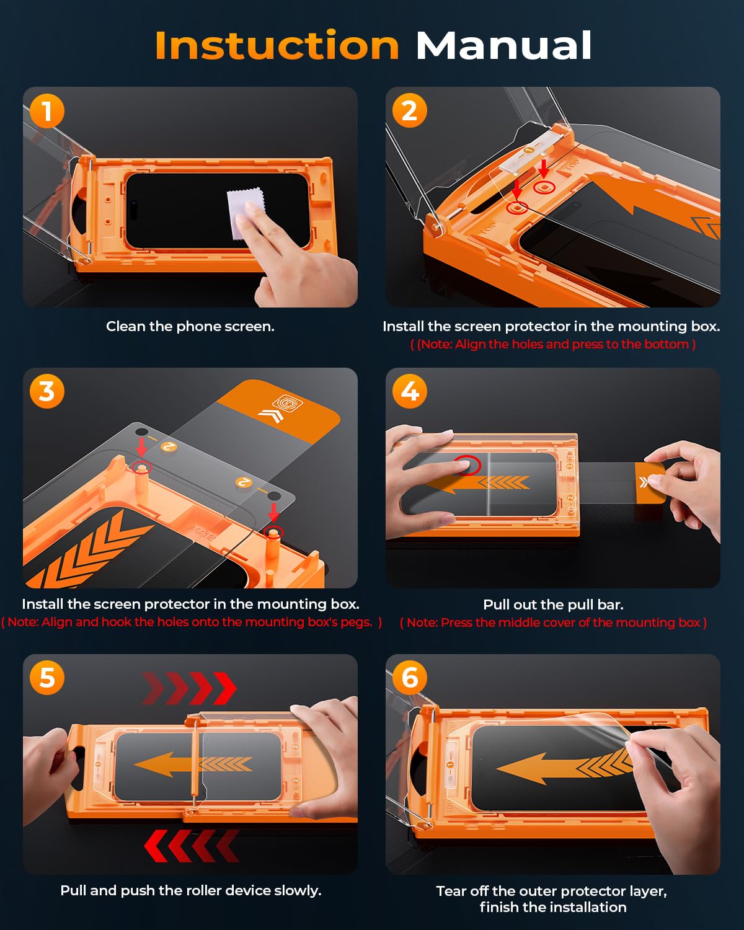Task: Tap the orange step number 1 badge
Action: [47, 110]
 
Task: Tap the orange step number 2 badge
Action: [409, 110]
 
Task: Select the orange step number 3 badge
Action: [47, 392]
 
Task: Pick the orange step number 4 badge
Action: [409, 392]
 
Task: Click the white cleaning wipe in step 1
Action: [245, 213]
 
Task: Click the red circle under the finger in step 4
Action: [467, 466]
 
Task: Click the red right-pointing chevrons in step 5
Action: [189, 688]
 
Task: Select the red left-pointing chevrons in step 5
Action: [192, 846]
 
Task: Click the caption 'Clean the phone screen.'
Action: [190, 326]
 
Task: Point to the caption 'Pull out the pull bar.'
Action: [553, 604]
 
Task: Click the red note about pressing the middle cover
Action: [553, 622]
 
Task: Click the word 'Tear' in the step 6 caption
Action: [451, 891]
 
